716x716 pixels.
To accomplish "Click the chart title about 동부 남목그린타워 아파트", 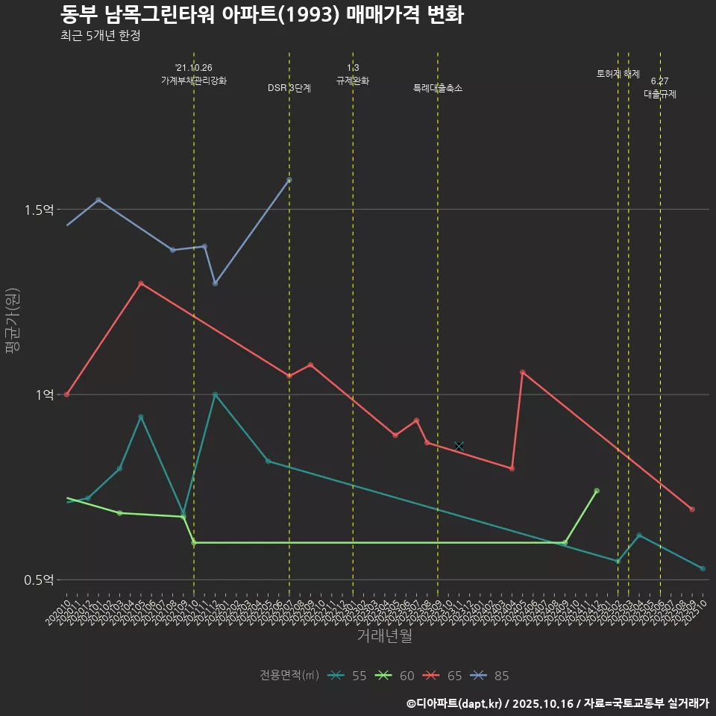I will pyautogui.click(x=261, y=15).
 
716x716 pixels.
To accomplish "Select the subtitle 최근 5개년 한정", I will pyautogui.click(x=100, y=36).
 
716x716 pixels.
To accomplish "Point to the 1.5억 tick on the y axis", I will pyautogui.click(x=39, y=210).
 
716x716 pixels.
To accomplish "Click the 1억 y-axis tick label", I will pyautogui.click(x=45, y=395).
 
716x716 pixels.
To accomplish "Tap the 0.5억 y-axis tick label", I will pyautogui.click(x=39, y=580).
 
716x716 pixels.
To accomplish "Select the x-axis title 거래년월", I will pyautogui.click(x=384, y=636).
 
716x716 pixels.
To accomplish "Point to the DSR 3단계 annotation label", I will pyautogui.click(x=289, y=88).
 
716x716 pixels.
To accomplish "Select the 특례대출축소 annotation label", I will pyautogui.click(x=438, y=88).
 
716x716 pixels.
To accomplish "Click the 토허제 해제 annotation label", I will pyautogui.click(x=618, y=74).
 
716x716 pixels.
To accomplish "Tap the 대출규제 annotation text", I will pyautogui.click(x=660, y=94).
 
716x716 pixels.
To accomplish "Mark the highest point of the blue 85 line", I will pyautogui.click(x=289, y=180).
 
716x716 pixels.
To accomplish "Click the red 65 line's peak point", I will pyautogui.click(x=141, y=283).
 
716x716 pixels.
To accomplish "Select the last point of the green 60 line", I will pyautogui.click(x=597, y=491).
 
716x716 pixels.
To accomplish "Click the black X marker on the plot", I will pyautogui.click(x=459, y=446).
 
